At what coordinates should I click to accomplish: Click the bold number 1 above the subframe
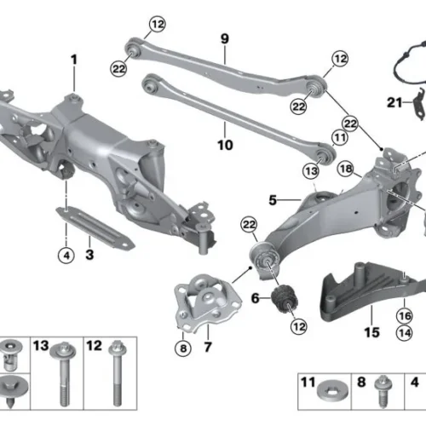(x=74, y=60)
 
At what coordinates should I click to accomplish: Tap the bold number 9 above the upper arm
(x=225, y=38)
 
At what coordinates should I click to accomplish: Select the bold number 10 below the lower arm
(x=225, y=145)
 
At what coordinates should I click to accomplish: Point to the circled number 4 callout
(x=66, y=256)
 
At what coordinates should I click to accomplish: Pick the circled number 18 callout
(x=346, y=169)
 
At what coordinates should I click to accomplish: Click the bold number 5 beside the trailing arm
(x=273, y=200)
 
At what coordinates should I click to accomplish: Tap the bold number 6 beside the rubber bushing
(x=256, y=298)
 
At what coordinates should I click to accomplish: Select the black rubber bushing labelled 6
(x=285, y=300)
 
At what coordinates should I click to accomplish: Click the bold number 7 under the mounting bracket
(x=208, y=347)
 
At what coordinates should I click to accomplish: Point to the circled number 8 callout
(x=183, y=348)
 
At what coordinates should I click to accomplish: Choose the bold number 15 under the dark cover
(x=371, y=332)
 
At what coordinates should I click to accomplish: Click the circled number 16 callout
(x=405, y=315)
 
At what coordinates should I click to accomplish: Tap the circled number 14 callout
(x=405, y=333)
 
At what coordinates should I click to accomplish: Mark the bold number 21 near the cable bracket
(x=394, y=102)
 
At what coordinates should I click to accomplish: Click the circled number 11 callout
(x=340, y=137)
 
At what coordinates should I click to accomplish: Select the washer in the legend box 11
(x=333, y=391)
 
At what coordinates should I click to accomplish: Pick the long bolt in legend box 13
(x=64, y=374)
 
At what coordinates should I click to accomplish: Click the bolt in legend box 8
(x=383, y=391)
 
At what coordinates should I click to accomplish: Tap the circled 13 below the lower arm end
(x=311, y=171)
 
